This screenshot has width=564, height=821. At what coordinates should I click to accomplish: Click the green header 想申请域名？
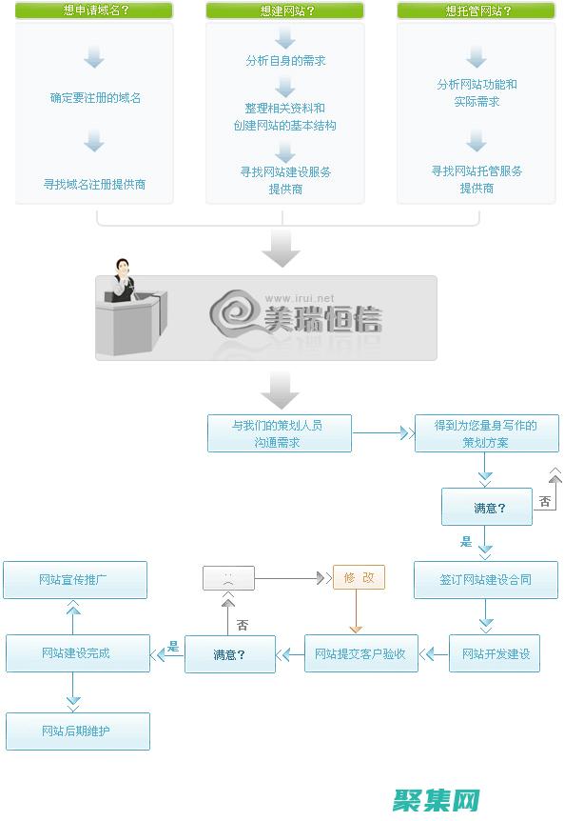94,11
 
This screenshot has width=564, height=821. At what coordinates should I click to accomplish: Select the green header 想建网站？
284,11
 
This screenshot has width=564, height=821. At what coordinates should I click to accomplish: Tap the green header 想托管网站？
476,11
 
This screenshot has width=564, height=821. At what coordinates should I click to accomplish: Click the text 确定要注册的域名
95,97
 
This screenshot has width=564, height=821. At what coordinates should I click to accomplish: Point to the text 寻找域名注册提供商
94,184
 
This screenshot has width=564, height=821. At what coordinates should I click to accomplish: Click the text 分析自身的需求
285,61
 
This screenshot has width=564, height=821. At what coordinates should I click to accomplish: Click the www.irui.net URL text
300,298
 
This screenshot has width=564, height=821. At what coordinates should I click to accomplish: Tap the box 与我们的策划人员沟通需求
280,433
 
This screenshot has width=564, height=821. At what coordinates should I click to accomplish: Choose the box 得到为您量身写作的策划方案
486,433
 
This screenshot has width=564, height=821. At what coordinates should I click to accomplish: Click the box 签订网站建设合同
486,579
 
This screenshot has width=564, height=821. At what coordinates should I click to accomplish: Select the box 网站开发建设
495,653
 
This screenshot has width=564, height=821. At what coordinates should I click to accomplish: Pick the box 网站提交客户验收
360,653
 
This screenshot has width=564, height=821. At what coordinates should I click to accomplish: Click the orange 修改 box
359,577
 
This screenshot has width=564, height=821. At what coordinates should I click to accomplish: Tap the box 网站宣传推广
75,579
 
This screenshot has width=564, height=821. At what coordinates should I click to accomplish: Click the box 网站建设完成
77,653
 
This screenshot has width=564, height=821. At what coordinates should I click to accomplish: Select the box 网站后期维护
77,731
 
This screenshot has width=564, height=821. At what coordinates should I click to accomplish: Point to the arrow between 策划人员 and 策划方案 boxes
382,433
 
